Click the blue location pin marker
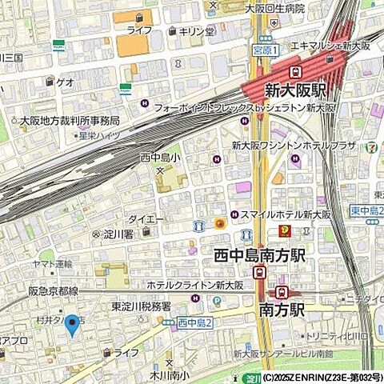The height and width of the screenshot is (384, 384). click(x=72, y=324)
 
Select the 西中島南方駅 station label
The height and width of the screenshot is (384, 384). click(x=260, y=255)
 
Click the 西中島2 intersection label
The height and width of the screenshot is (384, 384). click(x=194, y=322)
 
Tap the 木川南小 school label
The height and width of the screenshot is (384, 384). click(x=168, y=373)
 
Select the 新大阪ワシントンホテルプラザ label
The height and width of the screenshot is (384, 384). click(x=293, y=146)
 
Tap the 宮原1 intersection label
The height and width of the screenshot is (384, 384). click(x=264, y=50)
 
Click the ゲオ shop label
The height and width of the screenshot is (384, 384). click(x=64, y=81)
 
